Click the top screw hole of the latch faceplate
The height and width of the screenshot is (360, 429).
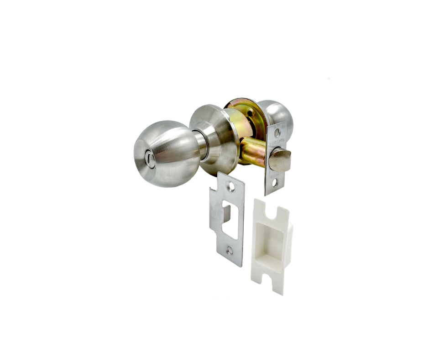point(277,133)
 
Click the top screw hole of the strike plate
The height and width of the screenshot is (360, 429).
point(233,186)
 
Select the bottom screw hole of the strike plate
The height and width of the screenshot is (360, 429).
point(230,250)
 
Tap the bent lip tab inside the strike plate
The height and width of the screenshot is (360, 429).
point(225,213)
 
